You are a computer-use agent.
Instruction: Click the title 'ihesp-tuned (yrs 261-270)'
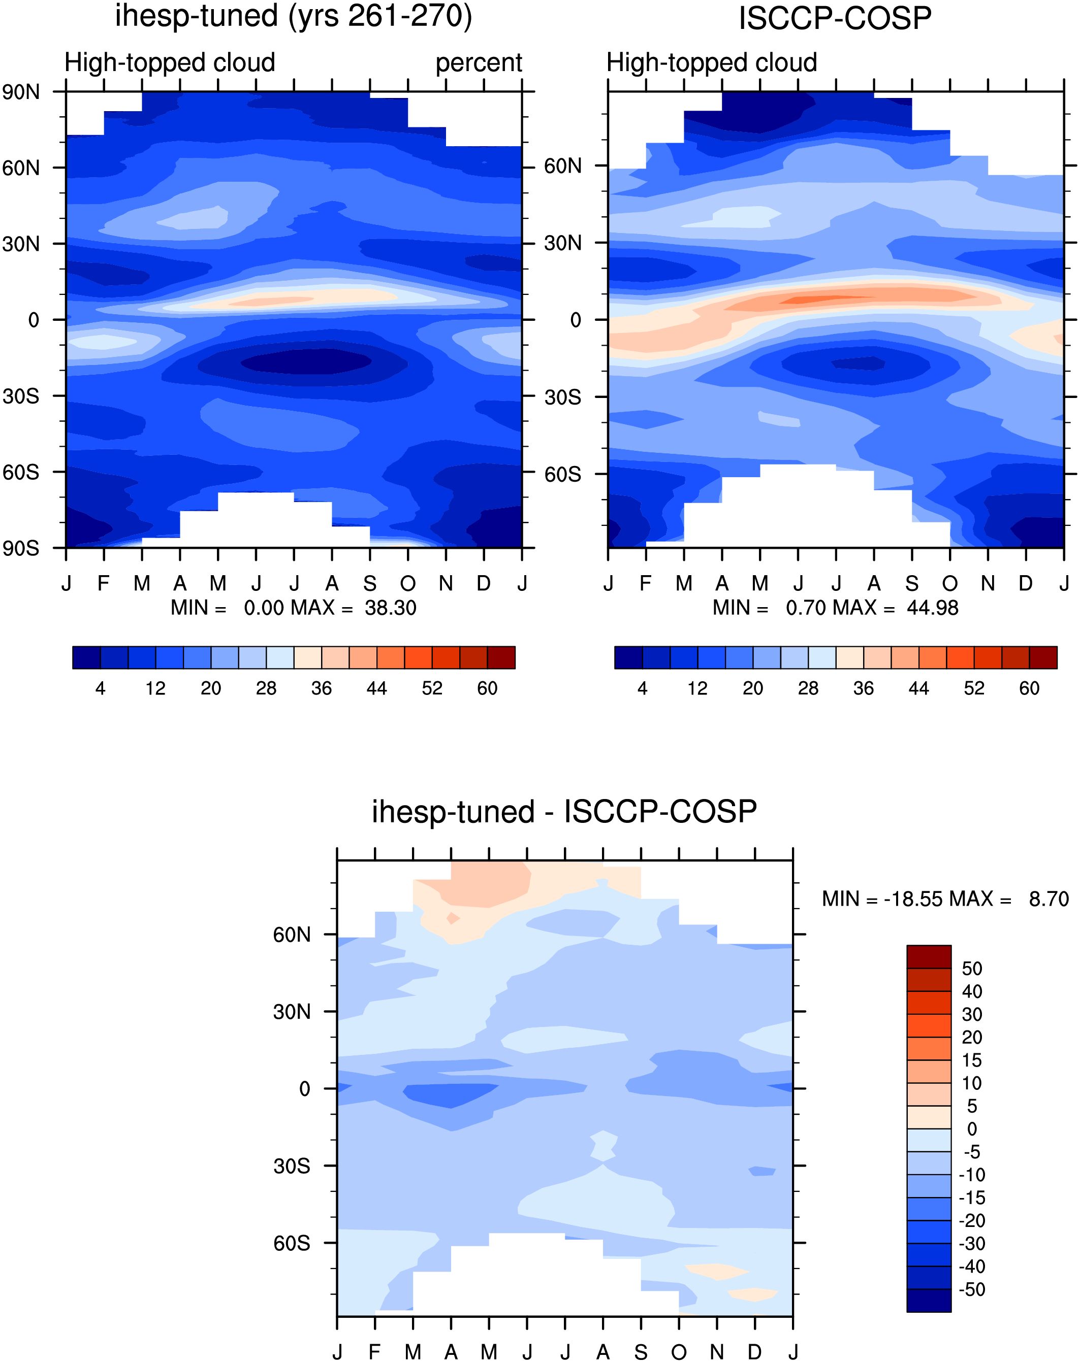(294, 16)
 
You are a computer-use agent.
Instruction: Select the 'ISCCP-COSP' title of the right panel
(835, 18)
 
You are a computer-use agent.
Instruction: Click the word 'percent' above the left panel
(479, 63)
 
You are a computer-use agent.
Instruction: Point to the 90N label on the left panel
(21, 92)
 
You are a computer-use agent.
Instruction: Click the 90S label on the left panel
(21, 548)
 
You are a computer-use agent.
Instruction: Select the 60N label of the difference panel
(292, 935)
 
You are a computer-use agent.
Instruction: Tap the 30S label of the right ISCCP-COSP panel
(563, 397)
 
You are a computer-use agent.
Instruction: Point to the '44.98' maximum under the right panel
(933, 608)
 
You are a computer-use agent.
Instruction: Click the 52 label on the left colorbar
(432, 688)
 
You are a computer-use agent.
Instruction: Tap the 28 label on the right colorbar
(808, 688)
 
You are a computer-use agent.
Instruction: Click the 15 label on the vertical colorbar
(972, 1060)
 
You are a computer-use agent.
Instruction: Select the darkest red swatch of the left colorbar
(501, 657)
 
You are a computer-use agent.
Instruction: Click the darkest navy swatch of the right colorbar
(628, 657)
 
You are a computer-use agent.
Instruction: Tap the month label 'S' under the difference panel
(641, 1352)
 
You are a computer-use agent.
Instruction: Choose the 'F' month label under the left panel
(104, 583)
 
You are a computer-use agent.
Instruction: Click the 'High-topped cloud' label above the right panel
(712, 63)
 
